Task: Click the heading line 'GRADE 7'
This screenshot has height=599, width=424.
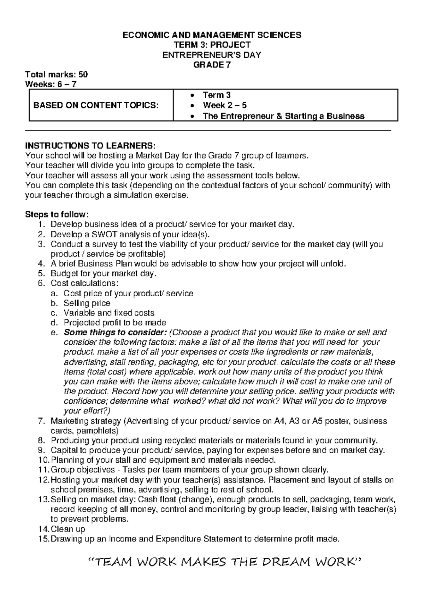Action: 212,65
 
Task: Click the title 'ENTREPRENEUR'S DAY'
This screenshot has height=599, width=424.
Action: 212,55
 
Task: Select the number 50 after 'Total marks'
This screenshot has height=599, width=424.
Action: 83,75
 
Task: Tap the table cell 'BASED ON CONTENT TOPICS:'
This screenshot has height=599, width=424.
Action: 96,105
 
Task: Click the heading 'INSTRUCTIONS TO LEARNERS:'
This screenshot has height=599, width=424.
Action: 90,146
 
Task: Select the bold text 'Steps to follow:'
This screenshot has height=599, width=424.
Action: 55,214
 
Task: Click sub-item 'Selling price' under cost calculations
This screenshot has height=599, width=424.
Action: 87,303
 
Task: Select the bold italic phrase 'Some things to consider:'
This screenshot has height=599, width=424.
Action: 115,332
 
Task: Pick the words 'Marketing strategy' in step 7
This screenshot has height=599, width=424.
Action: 86,421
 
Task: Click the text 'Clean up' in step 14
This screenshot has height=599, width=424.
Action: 68,529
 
